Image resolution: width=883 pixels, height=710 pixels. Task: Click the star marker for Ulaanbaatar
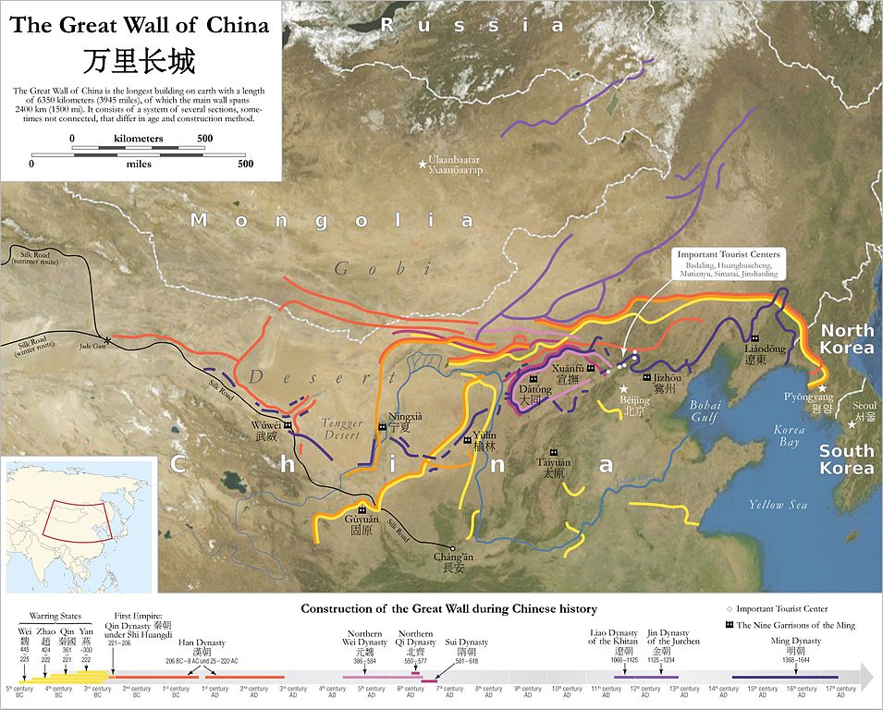pyautogui.click(x=423, y=165)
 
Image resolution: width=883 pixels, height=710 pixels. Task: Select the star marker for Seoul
pyautogui.click(x=852, y=424)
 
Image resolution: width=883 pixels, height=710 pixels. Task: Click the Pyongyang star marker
pyautogui.click(x=823, y=388)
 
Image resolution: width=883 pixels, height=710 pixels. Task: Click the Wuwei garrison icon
pyautogui.click(x=288, y=424)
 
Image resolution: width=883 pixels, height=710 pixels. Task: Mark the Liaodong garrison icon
pyautogui.click(x=754, y=338)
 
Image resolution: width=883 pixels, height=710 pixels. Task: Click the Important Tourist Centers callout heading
pyautogui.click(x=729, y=254)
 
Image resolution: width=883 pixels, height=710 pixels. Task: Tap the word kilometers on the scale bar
pyautogui.click(x=139, y=138)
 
